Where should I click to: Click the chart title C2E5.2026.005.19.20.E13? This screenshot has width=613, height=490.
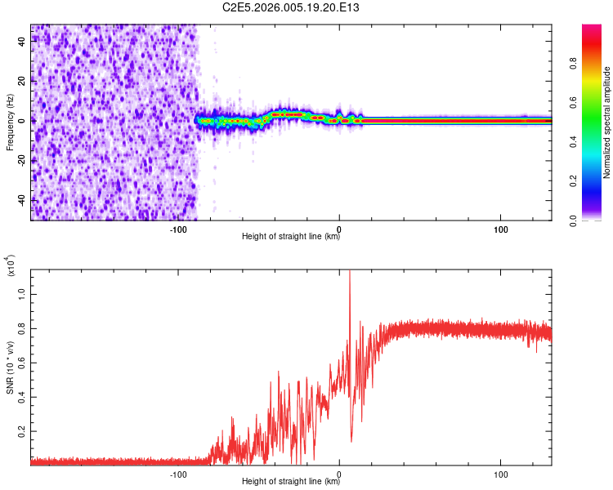291,7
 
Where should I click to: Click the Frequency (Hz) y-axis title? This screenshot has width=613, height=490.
10,122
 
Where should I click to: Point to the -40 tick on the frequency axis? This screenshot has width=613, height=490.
22,200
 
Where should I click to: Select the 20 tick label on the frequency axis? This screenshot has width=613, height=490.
22,82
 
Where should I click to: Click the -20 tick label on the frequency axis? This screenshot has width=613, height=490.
22,161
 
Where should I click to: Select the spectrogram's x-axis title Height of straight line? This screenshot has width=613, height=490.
291,237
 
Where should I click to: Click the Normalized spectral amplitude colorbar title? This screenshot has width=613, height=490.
606,122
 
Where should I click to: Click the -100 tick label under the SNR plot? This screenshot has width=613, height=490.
177,473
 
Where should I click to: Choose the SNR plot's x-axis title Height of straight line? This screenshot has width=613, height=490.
291,482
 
